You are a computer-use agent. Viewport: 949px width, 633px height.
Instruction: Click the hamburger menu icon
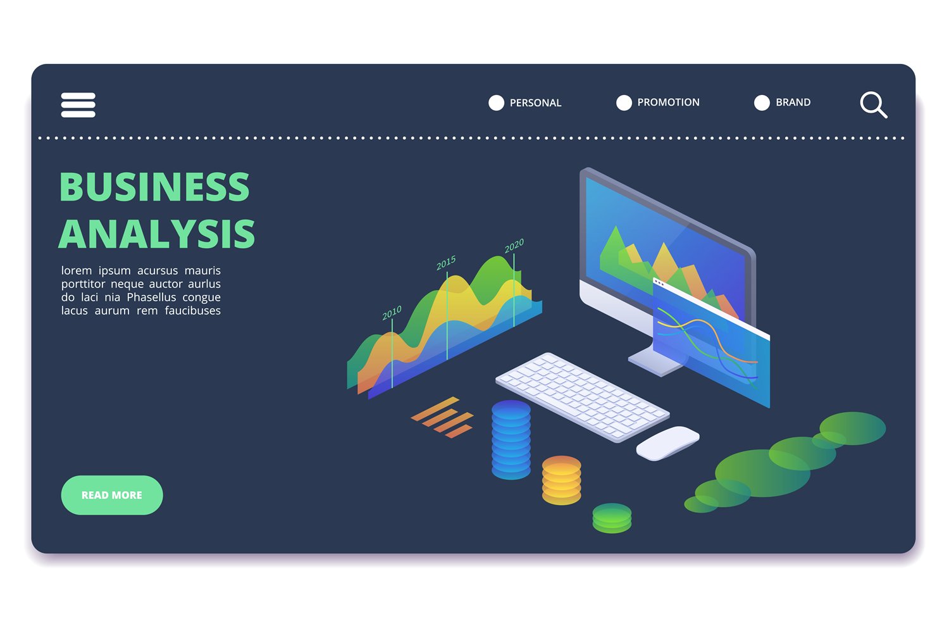coord(78,105)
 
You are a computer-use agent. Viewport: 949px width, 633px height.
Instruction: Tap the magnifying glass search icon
coord(873,104)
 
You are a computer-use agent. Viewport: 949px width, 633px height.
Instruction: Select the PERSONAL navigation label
coord(535,103)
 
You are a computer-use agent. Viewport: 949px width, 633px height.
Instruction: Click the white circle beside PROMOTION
coord(624,103)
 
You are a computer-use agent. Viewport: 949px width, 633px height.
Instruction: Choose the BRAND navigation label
coord(793,102)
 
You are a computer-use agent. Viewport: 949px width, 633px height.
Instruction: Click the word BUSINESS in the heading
coord(154,187)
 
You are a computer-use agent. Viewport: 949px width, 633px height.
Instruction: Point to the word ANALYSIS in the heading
coord(157,235)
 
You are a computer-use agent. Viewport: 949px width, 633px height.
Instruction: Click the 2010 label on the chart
coord(392,312)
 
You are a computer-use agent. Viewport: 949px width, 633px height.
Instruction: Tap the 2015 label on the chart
coord(446,263)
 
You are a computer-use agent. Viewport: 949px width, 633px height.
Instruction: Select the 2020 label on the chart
coord(514,246)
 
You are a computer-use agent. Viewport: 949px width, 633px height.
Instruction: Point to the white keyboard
coord(582,396)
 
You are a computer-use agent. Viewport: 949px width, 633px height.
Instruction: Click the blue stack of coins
coord(511,439)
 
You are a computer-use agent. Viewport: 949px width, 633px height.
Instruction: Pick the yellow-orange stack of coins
coord(561,480)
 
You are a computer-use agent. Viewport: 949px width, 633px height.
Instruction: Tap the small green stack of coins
coord(612,518)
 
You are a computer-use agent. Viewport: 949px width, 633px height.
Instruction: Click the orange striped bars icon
coord(443,417)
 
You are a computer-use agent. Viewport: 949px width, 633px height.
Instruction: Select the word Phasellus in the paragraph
coord(151,297)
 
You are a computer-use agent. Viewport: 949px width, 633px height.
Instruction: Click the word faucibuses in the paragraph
coord(192,310)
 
